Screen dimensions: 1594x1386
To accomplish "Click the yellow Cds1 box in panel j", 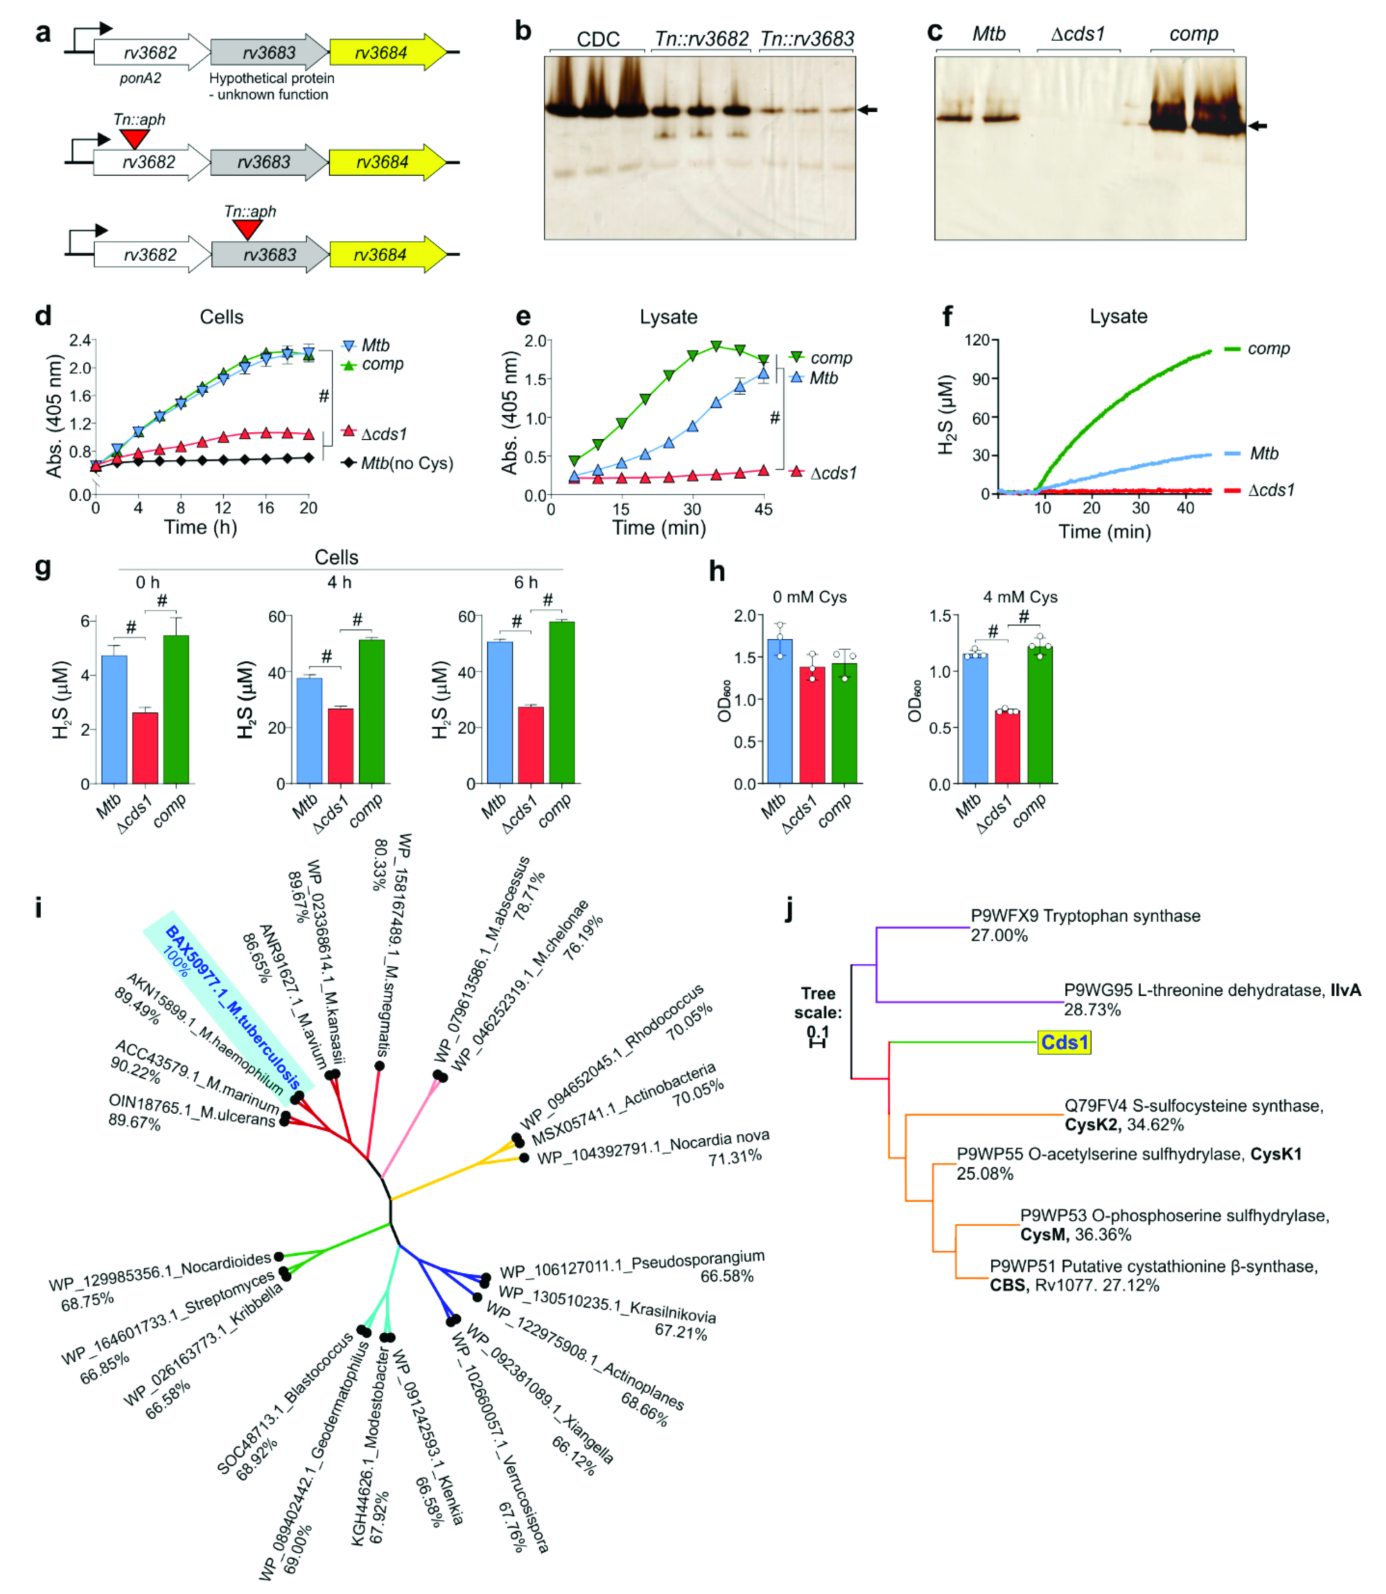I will (1064, 1042).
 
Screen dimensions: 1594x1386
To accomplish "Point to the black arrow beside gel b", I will (868, 110).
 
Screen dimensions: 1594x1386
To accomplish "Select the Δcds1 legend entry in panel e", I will (833, 473).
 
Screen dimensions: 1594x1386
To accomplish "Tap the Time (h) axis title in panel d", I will (200, 528).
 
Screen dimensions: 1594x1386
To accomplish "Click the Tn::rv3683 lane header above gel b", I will (807, 39).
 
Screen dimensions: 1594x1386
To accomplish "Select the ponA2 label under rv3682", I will (140, 78).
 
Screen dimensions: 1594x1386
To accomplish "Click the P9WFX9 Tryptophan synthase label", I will (1085, 916).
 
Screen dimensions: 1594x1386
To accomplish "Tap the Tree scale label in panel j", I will (818, 1003).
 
